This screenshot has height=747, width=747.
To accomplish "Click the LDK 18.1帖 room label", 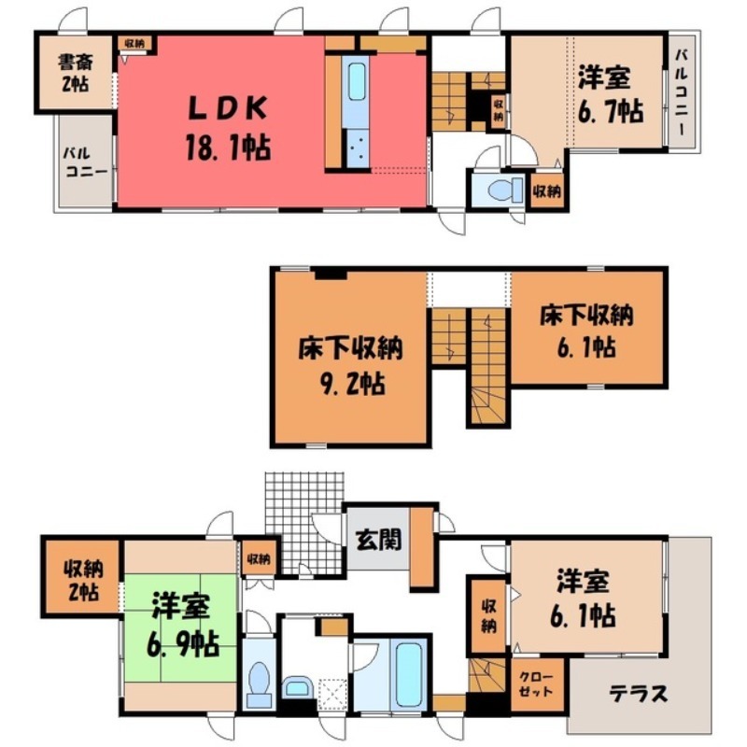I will (x=230, y=129).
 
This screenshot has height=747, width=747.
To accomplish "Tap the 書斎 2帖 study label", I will (x=74, y=72).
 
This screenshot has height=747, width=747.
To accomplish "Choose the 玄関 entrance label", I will (x=379, y=539).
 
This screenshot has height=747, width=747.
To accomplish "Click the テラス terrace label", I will (x=640, y=694).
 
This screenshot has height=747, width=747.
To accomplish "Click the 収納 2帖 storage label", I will (x=79, y=580).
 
